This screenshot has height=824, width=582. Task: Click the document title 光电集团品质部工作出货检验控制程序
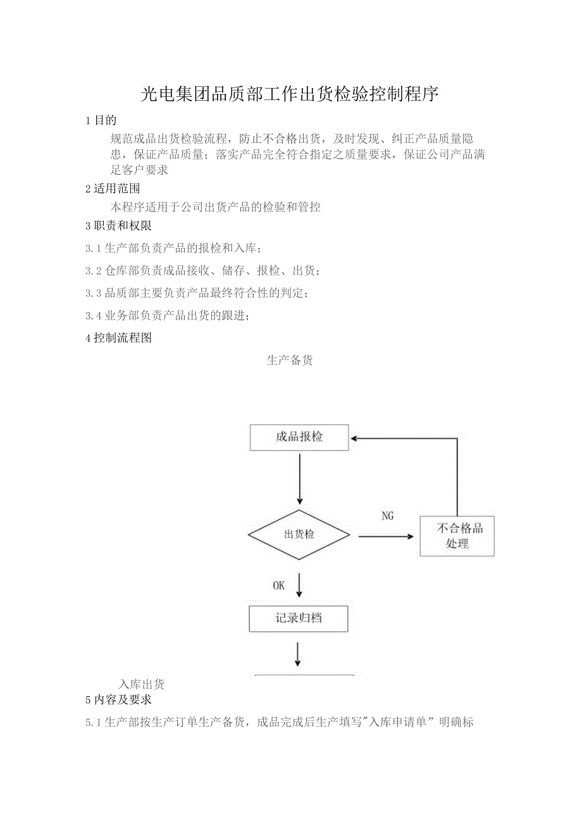[x=289, y=95]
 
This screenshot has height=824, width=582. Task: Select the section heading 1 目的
[x=101, y=120]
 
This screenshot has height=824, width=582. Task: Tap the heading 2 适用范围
[x=113, y=189]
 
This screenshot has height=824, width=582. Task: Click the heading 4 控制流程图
[x=118, y=338]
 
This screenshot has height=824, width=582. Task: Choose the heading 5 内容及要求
[x=118, y=700]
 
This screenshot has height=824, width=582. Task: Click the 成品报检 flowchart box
[x=299, y=437]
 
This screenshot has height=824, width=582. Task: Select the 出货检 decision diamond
[x=299, y=535]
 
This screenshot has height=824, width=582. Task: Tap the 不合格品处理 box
[x=457, y=536]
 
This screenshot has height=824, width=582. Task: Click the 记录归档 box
[x=299, y=618]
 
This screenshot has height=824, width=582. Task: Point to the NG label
[x=388, y=516]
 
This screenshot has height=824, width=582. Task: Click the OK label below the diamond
[x=279, y=586]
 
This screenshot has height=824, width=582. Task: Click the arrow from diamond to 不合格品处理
[x=386, y=537]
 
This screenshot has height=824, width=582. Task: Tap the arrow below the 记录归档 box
[x=298, y=654]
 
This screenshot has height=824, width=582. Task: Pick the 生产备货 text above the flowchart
[x=290, y=361]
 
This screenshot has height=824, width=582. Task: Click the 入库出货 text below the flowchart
[x=142, y=684]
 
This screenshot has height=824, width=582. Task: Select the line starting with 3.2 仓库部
[x=202, y=272]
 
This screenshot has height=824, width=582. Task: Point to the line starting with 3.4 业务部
[x=167, y=316]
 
